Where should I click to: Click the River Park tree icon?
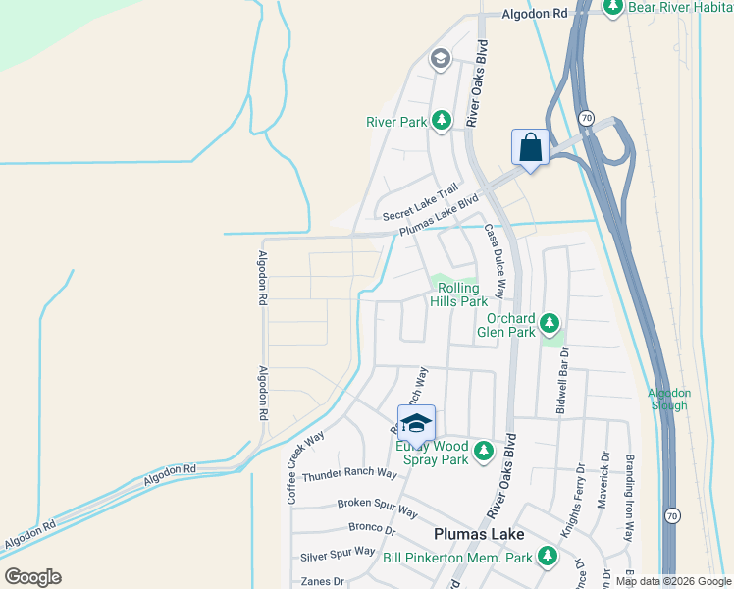pos(442,121)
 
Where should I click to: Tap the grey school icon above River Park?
pos(440,60)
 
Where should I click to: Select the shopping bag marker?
pos(530,148)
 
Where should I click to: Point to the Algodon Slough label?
pos(669,399)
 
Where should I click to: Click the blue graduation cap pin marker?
pos(416,423)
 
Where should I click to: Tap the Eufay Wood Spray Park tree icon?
pos(483,452)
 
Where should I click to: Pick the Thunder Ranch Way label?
pos(349,474)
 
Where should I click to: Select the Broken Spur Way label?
pos(378,508)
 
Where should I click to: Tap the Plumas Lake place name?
pos(479,534)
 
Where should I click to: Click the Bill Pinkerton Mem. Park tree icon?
pos(547,558)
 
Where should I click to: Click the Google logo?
pos(32,576)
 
